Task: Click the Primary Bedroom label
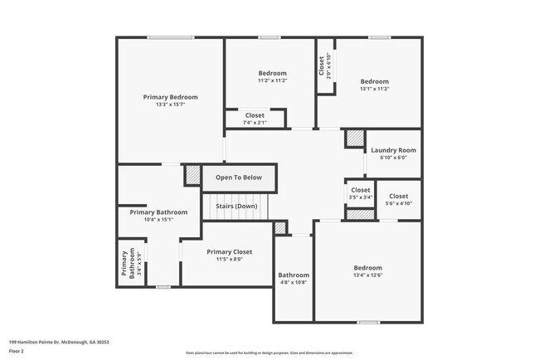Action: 170,96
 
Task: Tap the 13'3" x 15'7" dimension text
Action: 170,105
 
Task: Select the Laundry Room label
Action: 393,150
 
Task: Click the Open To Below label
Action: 239,178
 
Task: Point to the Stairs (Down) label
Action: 237,206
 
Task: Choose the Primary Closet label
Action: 230,251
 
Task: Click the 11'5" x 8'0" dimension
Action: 230,260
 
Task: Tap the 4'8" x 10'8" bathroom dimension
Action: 294,283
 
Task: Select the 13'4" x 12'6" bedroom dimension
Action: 368,275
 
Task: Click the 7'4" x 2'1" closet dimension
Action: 255,123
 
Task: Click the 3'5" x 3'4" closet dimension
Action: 360,197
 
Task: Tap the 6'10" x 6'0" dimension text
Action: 393,158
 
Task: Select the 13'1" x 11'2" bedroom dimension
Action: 375,90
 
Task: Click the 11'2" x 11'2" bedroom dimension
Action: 272,81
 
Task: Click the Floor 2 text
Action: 17,352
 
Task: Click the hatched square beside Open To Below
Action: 192,176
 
